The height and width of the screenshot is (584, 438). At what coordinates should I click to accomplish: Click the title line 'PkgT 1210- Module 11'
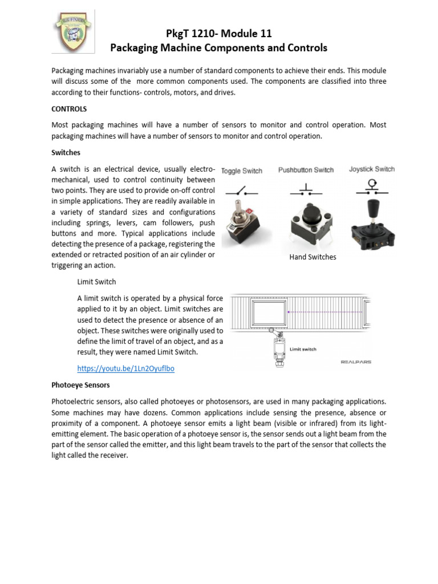click(x=219, y=34)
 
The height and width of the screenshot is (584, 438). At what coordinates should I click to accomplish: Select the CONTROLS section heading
click(x=69, y=109)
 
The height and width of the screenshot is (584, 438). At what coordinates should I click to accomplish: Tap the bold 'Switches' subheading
click(x=66, y=153)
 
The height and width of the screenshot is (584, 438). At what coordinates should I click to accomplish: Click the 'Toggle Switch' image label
click(x=242, y=171)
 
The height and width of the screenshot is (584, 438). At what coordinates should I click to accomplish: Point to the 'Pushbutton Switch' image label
click(x=306, y=170)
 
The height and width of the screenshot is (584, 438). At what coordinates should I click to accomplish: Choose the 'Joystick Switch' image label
click(x=372, y=169)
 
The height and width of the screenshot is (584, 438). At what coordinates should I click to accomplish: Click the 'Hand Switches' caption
click(x=313, y=257)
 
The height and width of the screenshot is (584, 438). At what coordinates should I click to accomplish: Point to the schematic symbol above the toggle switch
click(x=242, y=192)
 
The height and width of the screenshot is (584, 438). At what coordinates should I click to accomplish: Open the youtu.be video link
click(x=125, y=368)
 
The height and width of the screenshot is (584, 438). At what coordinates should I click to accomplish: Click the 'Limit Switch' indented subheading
click(x=96, y=282)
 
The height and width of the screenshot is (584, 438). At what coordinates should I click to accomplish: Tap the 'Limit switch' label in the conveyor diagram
click(x=303, y=349)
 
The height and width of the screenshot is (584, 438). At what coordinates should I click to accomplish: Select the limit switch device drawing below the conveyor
click(x=279, y=348)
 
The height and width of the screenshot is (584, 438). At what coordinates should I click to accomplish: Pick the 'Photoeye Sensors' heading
click(x=80, y=385)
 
